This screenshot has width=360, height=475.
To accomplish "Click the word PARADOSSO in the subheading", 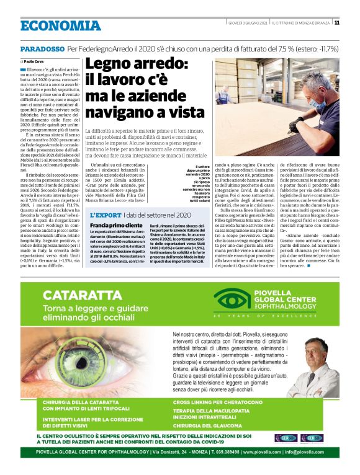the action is [42, 48].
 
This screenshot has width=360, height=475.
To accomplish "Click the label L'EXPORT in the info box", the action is [107, 214].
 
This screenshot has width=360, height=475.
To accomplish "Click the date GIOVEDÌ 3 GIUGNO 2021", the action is [245, 23].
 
